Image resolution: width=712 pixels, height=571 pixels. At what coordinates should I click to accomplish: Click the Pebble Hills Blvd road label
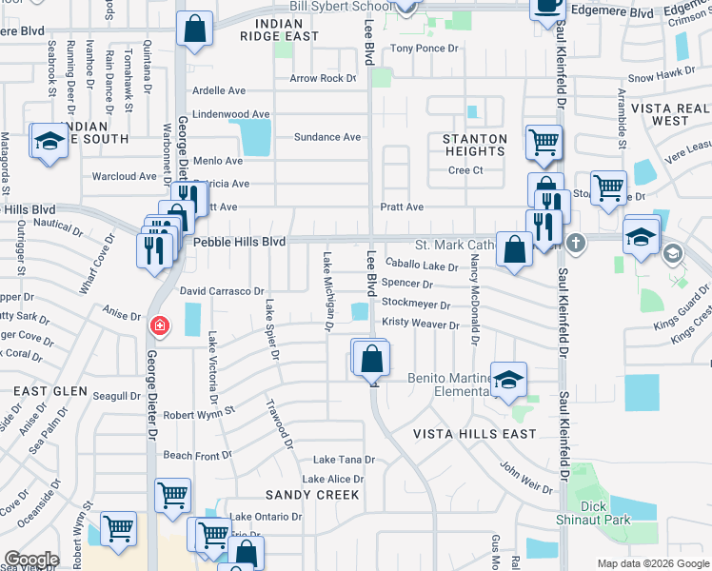tap(240, 243)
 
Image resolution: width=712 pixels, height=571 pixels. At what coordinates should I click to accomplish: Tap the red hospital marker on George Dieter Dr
tap(160, 326)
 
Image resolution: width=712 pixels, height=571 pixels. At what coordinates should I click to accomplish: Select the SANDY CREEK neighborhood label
tap(312, 495)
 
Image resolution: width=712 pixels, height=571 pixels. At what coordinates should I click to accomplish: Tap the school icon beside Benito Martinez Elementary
tap(509, 380)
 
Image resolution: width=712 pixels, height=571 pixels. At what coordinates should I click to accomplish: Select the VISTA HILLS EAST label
tap(474, 434)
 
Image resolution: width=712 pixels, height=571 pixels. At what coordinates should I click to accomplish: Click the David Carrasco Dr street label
tap(222, 290)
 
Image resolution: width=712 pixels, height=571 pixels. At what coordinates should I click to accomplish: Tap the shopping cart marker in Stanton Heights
tap(544, 143)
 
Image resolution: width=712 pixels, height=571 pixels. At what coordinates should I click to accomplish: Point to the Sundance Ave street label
tap(327, 137)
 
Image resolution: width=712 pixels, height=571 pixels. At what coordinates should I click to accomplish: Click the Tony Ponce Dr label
tap(424, 49)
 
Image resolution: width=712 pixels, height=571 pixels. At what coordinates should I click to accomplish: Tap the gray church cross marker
tap(575, 244)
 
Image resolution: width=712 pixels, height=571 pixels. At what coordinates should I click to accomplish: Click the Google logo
tap(31, 560)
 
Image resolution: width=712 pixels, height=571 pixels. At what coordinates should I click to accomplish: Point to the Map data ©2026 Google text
tap(653, 563)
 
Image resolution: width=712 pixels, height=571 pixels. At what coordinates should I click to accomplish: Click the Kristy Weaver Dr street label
tap(420, 324)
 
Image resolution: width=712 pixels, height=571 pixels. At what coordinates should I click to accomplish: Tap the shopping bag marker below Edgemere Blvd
tap(194, 30)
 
